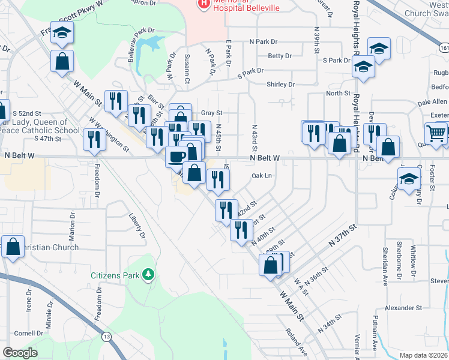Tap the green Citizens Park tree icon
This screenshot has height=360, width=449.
(148, 275)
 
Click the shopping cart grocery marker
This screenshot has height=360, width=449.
(436, 133)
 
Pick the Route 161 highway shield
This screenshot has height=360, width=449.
(444, 47)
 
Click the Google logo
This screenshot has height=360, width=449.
(20, 353)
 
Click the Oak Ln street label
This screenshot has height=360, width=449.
(262, 176)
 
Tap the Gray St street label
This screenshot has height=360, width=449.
(211, 113)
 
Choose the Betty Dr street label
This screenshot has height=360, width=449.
(280, 56)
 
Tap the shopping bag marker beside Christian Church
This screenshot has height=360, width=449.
(13, 247)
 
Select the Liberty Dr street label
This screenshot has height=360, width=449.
(137, 225)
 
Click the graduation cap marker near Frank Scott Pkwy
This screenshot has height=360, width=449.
(61, 32)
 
